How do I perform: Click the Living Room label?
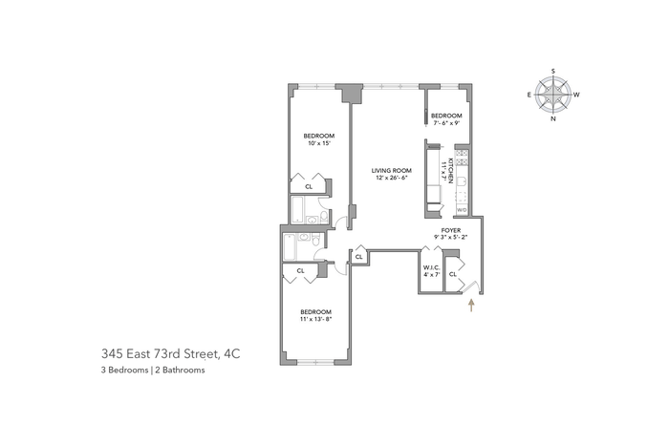point(391,171)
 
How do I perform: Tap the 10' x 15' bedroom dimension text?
point(319,143)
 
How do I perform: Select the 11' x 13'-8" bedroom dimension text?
point(315,319)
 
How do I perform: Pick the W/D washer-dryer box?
point(462,210)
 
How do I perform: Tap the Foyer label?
point(451,230)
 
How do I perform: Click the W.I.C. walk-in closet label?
point(431,267)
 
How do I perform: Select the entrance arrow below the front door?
point(471,306)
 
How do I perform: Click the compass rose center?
point(553,95)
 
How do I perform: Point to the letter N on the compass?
point(553,119)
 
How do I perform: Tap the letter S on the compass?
point(553,71)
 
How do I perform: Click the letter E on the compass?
point(529,95)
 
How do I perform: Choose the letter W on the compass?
point(576,95)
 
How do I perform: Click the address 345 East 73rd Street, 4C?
point(171,353)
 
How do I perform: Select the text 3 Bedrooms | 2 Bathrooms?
point(153,370)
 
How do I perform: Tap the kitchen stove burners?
point(462,158)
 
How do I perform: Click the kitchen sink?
point(462,182)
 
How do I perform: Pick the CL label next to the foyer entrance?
point(453,274)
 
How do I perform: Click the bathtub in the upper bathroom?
point(297,210)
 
